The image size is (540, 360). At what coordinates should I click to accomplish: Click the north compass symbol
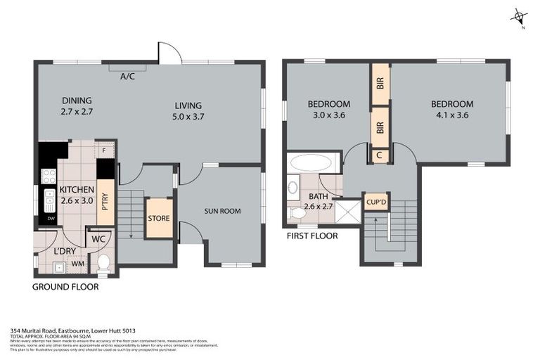tap(519, 16)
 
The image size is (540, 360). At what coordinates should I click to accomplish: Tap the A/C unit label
tap(127, 76)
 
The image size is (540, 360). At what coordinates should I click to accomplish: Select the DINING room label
tap(77, 101)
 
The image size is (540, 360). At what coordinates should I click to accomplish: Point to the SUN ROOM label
tap(223, 211)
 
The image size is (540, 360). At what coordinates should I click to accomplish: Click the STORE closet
tap(159, 218)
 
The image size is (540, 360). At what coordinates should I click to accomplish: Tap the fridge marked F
tap(105, 150)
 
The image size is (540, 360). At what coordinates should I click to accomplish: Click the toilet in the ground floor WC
tap(103, 263)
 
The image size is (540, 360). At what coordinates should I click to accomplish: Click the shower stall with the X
tap(347, 212)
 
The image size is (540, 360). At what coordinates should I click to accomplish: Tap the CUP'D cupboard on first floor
tap(376, 202)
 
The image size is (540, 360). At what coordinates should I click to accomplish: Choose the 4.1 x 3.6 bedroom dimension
tap(451, 116)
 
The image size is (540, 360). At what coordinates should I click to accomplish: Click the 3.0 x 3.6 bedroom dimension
tap(328, 116)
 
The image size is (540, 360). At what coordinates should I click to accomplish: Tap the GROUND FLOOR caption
tap(65, 287)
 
